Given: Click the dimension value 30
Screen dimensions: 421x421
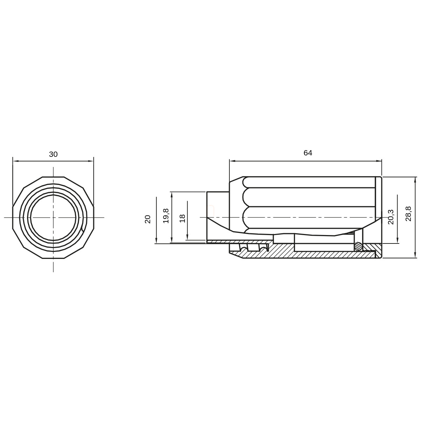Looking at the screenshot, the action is [53, 154].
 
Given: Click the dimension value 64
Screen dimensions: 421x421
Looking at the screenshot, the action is [308, 153].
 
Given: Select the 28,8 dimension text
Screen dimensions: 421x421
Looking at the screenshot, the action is [408, 214].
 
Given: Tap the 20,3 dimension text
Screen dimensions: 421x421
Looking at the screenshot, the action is [390, 217].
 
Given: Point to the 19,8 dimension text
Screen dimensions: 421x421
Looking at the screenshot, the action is [166, 216].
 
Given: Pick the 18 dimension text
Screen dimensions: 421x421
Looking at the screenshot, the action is [182, 219].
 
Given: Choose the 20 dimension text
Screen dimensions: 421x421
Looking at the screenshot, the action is [148, 219].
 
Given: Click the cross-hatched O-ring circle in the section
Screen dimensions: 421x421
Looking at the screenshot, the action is [358, 246].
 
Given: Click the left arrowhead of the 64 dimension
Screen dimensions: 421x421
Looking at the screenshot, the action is [232, 161].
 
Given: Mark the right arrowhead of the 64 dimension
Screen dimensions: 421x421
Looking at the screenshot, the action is [379, 161].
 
